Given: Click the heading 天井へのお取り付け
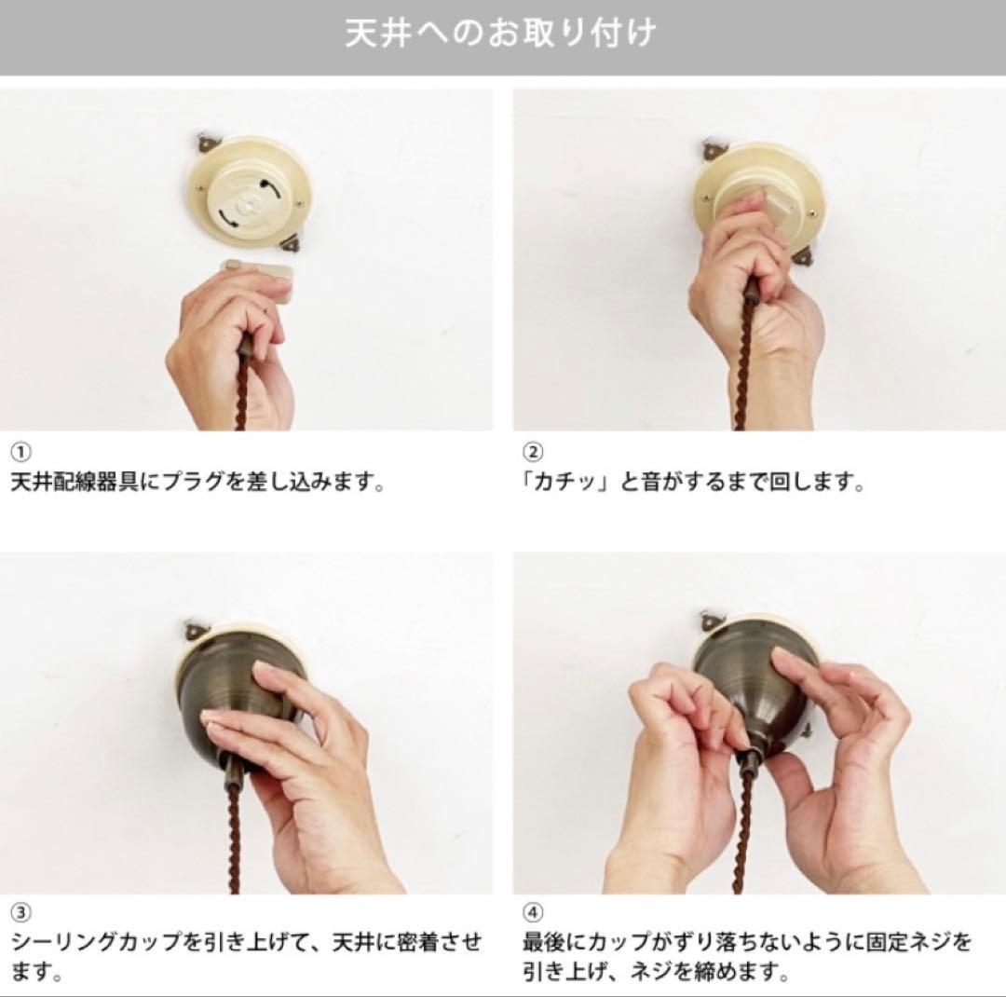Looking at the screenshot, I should tap(501, 34).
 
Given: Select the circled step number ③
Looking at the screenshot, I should tap(20, 911).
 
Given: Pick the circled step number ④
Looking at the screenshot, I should tap(533, 911).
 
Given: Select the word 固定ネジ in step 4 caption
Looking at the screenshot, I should tap(922, 942).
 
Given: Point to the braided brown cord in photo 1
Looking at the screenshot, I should tap(241, 391).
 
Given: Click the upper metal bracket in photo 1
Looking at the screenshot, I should tap(206, 143).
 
